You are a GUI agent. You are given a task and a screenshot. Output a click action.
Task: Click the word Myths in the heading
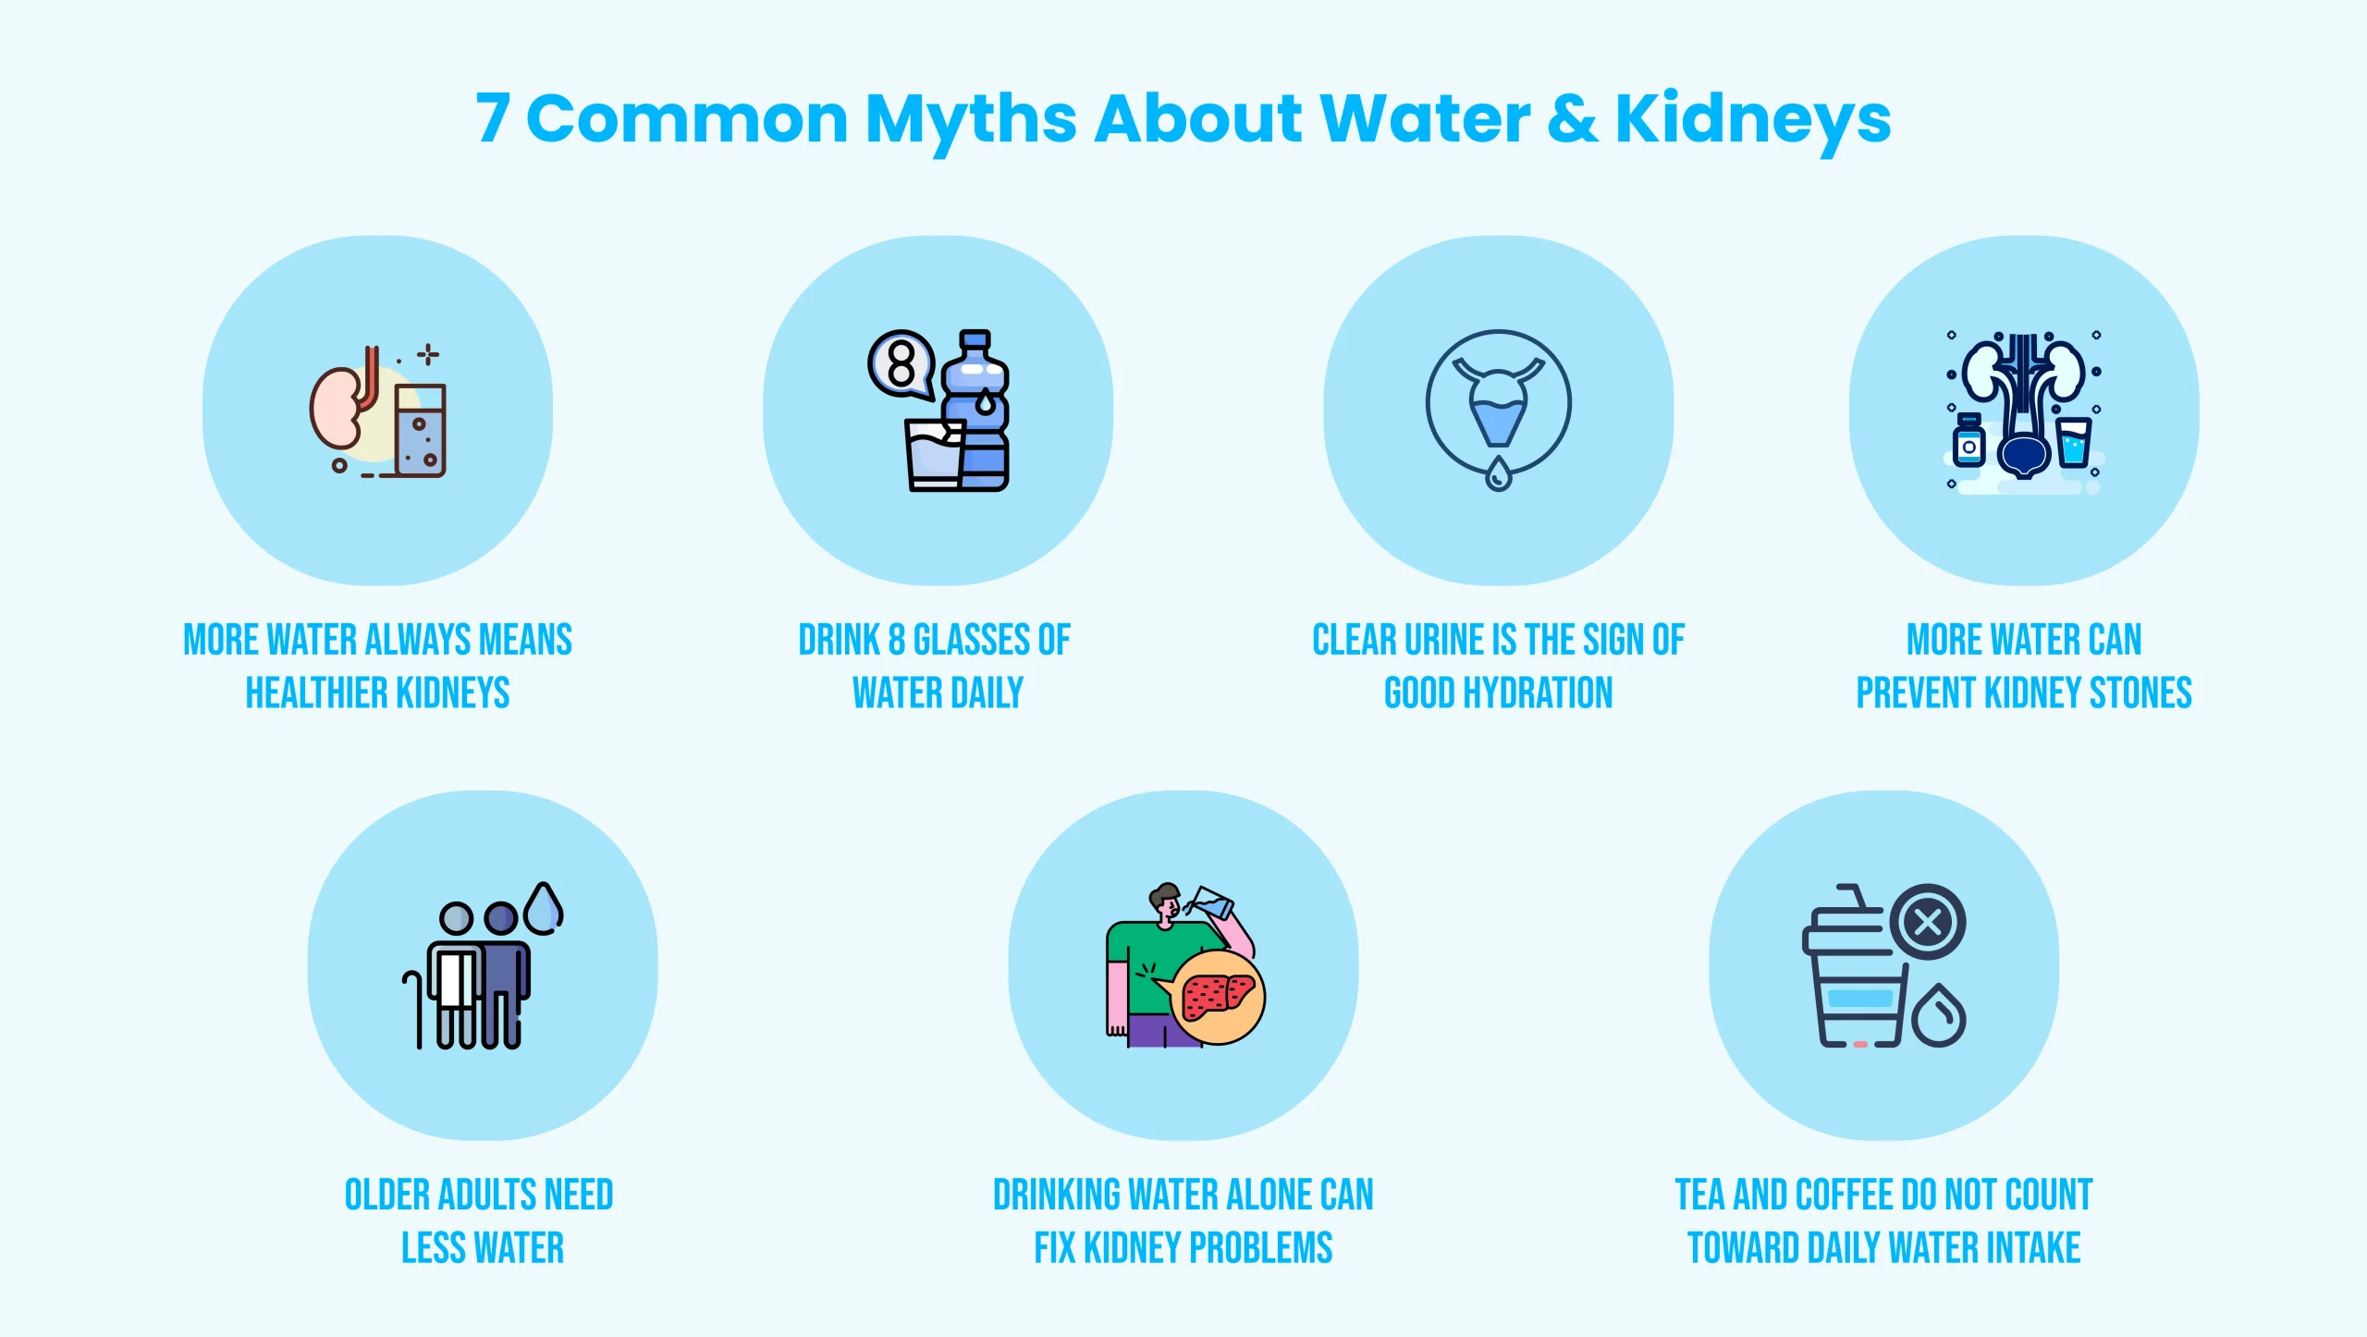971,120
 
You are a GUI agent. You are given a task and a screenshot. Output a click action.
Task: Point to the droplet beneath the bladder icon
1498,475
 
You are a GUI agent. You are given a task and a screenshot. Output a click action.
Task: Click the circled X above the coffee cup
1928,922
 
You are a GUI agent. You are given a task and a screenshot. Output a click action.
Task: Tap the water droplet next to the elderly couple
544,908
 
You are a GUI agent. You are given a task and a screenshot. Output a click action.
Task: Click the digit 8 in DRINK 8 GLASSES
897,640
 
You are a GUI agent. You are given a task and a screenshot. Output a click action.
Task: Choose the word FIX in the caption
1055,1248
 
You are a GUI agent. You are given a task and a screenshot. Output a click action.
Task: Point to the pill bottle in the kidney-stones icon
1968,443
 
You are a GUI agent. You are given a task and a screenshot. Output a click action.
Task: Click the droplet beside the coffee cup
1939,1017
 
